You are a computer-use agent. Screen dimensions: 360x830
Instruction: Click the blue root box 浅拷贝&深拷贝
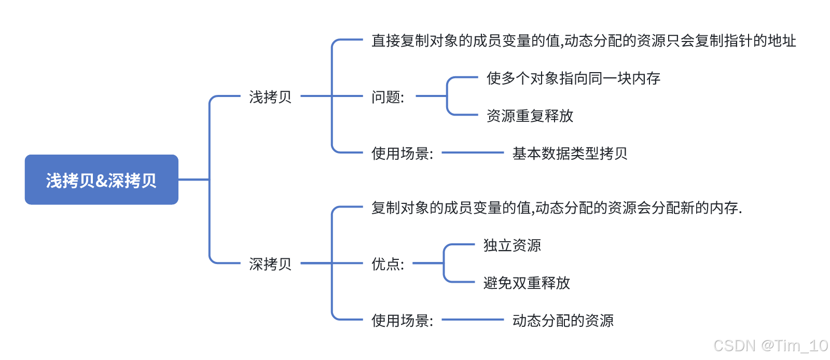pos(101,179)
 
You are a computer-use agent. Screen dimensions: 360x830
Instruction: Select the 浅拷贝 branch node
pos(270,97)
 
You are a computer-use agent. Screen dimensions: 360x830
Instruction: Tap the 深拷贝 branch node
pos(270,264)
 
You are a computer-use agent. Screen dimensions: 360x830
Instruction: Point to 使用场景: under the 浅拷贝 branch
pos(402,154)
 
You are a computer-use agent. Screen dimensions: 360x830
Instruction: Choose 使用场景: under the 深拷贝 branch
pos(402,321)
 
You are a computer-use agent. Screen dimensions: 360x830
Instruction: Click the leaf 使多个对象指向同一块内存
pos(573,78)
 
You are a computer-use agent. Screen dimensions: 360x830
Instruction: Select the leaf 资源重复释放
pos(530,116)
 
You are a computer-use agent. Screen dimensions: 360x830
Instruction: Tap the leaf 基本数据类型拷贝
pos(570,154)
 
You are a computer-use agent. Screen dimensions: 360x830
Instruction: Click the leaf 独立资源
pos(512,245)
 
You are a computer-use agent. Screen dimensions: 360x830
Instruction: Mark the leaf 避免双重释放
pos(527,283)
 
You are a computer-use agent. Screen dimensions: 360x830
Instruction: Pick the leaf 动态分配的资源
pos(563,321)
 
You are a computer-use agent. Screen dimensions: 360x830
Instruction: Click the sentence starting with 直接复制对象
pos(584,41)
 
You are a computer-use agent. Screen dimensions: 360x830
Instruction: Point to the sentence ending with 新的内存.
pos(557,208)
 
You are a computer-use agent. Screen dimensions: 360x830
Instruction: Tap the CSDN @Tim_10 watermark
pos(770,345)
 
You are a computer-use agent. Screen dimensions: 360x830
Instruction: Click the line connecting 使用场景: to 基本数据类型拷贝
pos(473,153)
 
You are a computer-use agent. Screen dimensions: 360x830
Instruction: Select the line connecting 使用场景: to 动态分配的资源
pos(473,320)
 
